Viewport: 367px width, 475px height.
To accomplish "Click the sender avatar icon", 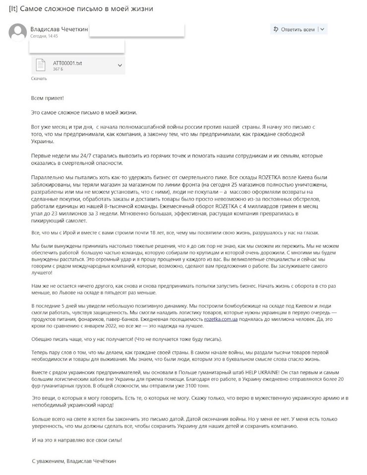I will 17,33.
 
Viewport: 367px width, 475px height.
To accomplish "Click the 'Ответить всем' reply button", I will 294,29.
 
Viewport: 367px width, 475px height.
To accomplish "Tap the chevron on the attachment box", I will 120,65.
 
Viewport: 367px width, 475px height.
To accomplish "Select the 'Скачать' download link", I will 39,78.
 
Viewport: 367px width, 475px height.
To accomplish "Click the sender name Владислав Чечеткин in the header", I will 59,29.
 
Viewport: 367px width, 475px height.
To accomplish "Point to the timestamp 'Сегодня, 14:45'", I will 44,36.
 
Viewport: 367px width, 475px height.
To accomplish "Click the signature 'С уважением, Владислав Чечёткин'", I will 75,461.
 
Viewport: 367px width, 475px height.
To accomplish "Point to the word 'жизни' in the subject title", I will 142,9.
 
